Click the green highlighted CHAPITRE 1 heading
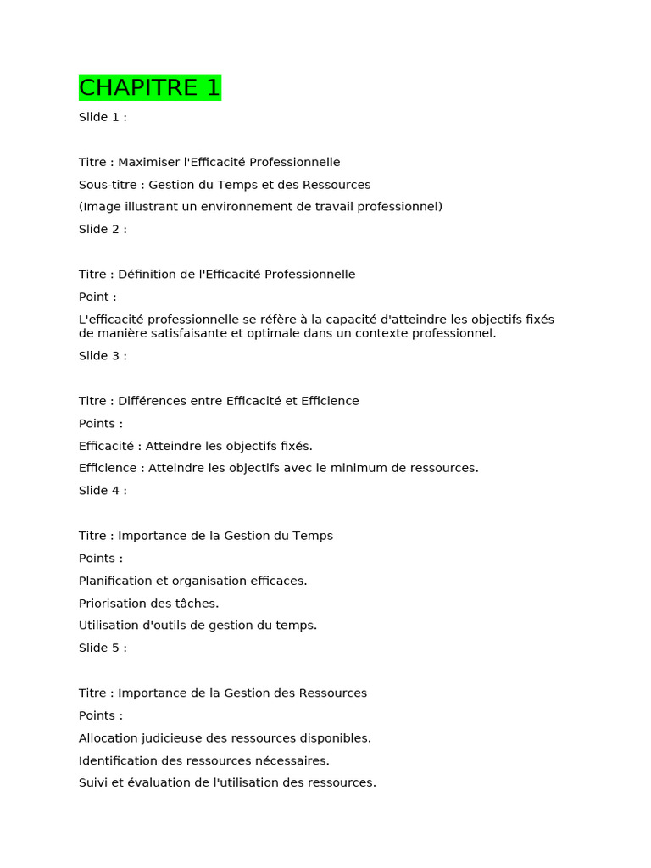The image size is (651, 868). (x=150, y=87)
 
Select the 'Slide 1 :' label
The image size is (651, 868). (x=103, y=117)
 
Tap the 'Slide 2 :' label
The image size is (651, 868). (x=103, y=229)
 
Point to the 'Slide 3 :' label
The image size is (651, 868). (x=103, y=356)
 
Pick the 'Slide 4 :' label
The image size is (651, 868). (x=103, y=491)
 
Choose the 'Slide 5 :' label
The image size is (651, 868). (x=103, y=648)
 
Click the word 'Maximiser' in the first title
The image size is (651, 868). (x=148, y=162)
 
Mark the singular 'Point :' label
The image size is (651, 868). (x=97, y=297)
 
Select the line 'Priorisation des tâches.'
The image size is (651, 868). (x=148, y=604)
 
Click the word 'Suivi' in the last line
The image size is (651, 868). (x=93, y=782)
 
